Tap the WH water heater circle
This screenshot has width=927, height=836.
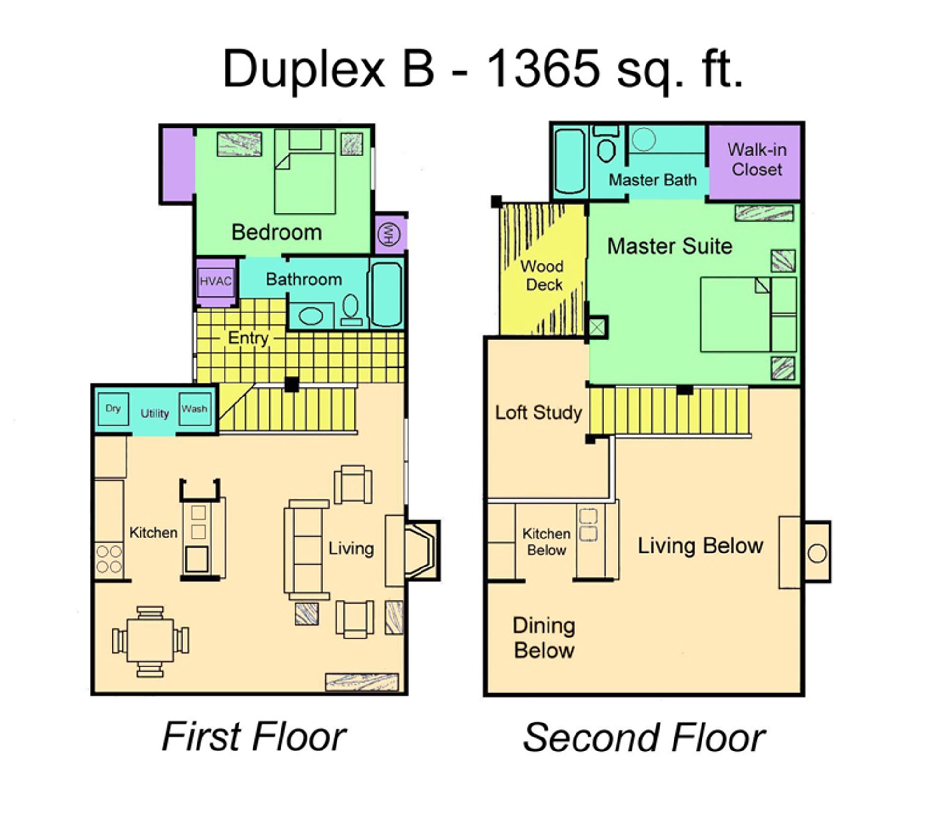click(x=389, y=234)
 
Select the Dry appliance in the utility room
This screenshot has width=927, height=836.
click(x=113, y=409)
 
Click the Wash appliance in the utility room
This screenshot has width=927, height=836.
click(x=195, y=409)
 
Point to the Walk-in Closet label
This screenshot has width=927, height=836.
click(x=757, y=159)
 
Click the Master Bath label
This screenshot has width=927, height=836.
click(x=653, y=180)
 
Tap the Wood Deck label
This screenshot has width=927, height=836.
click(x=543, y=275)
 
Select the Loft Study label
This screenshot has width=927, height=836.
click(x=539, y=412)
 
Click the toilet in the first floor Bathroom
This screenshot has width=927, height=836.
click(x=351, y=310)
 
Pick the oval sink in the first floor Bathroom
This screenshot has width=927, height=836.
click(x=311, y=317)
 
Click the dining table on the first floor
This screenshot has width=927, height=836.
click(x=150, y=641)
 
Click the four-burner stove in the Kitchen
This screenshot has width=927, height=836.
click(x=109, y=559)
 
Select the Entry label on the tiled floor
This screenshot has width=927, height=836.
click(x=248, y=339)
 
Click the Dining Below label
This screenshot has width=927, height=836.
click(x=544, y=638)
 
